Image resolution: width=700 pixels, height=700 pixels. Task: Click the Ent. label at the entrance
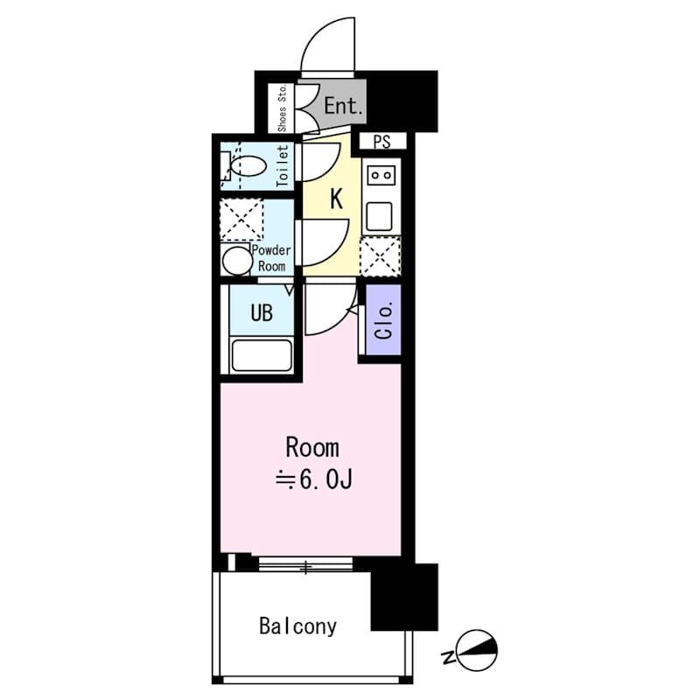tap(344, 107)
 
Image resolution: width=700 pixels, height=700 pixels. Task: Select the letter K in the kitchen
tap(335, 199)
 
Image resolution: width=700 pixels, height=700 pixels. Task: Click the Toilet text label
tap(283, 165)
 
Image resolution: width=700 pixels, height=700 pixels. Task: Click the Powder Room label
tap(271, 258)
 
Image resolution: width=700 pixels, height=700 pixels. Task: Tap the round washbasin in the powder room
tap(235, 260)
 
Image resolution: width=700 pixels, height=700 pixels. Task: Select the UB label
tap(262, 312)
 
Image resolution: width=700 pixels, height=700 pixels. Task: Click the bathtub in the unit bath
tap(261, 355)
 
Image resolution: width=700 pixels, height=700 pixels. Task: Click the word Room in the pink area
tap(312, 448)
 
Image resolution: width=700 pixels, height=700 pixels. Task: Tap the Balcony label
tap(297, 626)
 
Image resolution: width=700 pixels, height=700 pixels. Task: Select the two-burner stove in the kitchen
tap(381, 176)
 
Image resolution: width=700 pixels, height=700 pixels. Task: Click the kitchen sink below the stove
tap(381, 214)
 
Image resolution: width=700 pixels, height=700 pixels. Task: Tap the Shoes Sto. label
tap(283, 108)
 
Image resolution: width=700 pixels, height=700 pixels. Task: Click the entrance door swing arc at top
tap(328, 44)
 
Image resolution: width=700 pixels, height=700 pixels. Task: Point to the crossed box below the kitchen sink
tap(381, 255)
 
